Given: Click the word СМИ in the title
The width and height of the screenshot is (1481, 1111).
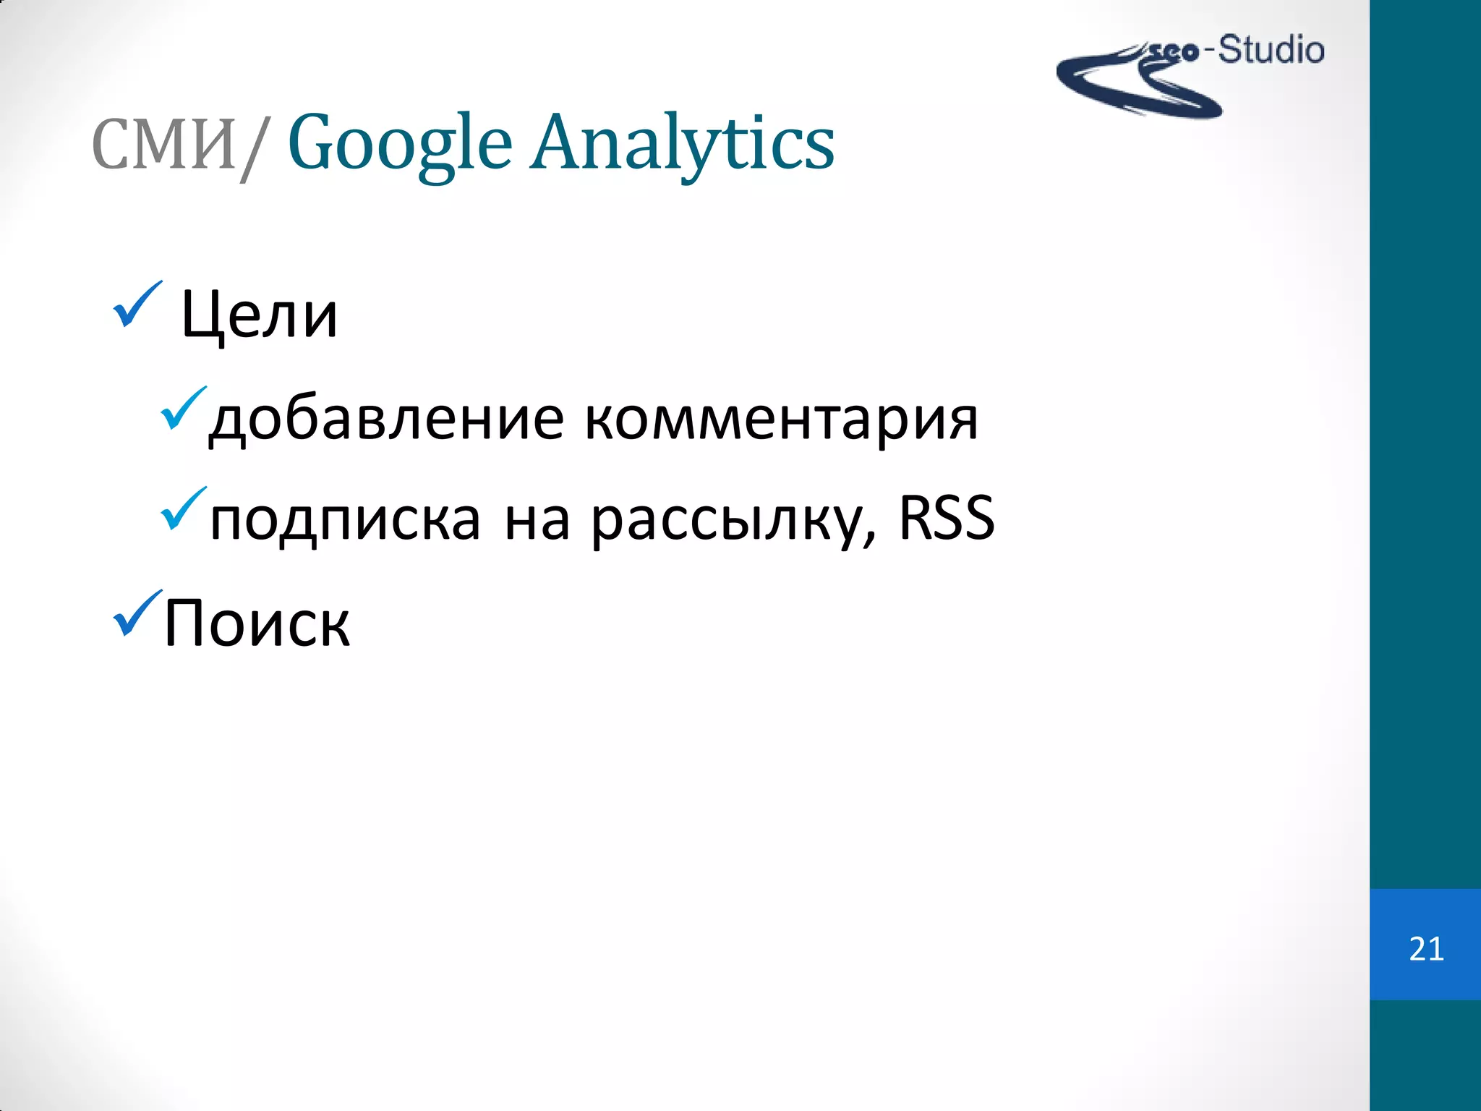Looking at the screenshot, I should (x=163, y=145).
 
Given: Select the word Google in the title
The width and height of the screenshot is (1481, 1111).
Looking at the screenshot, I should (x=400, y=143).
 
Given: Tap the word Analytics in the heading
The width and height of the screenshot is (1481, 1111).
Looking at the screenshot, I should (x=683, y=143).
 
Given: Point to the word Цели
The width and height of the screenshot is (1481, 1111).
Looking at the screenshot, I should (x=259, y=315).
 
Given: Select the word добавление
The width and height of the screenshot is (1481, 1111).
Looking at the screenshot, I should (x=385, y=420).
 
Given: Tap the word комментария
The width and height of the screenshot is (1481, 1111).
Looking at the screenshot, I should (x=781, y=420).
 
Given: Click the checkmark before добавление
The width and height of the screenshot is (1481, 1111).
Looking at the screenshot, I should (x=182, y=409).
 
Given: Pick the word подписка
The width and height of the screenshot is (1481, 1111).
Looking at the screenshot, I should (x=345, y=519).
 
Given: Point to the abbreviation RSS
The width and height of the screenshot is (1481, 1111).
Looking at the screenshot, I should (x=946, y=518).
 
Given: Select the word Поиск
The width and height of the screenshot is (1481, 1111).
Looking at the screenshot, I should (x=257, y=623).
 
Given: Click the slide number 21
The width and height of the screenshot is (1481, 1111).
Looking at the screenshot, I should (x=1426, y=949).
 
